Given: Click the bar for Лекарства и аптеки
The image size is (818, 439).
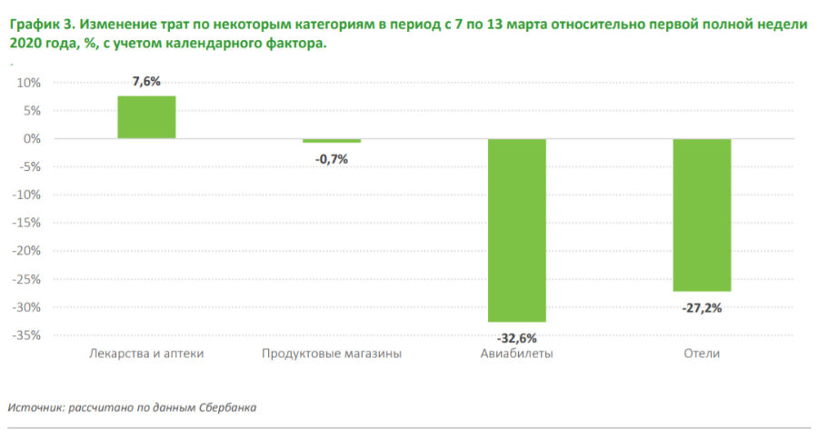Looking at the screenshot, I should click(146, 117).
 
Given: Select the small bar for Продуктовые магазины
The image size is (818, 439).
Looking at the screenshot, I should click(332, 141).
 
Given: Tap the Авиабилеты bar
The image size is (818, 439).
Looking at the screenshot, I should click(516, 230).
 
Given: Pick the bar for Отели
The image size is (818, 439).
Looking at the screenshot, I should click(702, 215).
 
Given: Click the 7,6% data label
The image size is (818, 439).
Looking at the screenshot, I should click(146, 82).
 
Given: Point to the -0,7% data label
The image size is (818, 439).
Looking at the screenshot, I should click(332, 158).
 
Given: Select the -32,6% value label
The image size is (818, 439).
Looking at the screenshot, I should click(516, 337).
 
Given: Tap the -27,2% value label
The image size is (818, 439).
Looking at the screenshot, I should click(702, 308).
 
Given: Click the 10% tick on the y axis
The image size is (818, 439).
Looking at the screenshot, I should click(29, 83).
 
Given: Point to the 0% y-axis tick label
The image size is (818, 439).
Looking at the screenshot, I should click(33, 139).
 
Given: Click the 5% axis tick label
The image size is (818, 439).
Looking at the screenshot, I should click(33, 111).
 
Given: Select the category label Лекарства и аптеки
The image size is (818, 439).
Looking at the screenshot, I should click(146, 354).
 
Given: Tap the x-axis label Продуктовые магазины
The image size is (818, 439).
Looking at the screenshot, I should click(332, 354).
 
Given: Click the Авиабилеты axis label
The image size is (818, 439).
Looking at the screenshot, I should click(516, 354).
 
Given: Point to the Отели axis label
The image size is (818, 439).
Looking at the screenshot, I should click(702, 354).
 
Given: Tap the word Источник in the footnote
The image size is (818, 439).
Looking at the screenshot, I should click(35, 407).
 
